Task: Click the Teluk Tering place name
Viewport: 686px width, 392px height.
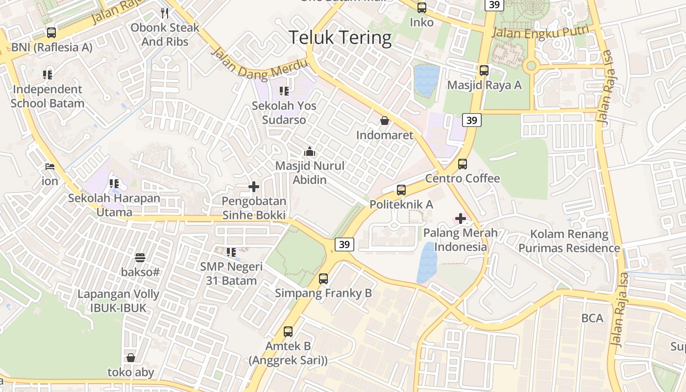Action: coord(340,38)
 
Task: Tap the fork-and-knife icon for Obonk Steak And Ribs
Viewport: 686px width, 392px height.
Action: coord(165,13)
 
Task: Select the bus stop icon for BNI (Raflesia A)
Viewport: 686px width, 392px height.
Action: coord(51,33)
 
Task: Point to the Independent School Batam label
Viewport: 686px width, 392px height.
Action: coord(48,97)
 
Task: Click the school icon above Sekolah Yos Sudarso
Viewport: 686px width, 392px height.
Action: coord(284,91)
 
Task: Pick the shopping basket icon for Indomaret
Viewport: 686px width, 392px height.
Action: coord(385,121)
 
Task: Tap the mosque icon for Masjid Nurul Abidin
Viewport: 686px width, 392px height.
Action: coord(310,151)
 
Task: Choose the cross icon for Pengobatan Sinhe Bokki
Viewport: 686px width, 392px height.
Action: coord(254,187)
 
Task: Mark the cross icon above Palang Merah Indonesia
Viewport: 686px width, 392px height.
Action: coord(461,219)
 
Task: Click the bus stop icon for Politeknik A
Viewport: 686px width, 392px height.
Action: coord(401,190)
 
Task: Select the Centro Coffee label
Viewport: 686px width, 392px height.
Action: coord(463,178)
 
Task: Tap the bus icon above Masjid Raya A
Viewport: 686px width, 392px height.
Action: coord(484,71)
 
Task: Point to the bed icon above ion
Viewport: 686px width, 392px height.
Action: coord(49,167)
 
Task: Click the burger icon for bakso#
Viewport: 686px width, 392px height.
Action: coord(140,257)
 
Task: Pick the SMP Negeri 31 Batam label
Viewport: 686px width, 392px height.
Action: coord(231,274)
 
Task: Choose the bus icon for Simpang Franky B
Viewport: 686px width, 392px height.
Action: coord(323,279)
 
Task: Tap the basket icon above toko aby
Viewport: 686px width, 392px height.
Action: coord(131,358)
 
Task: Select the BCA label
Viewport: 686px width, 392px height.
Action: coord(592,318)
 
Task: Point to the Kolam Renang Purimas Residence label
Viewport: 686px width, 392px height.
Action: coord(569,241)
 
